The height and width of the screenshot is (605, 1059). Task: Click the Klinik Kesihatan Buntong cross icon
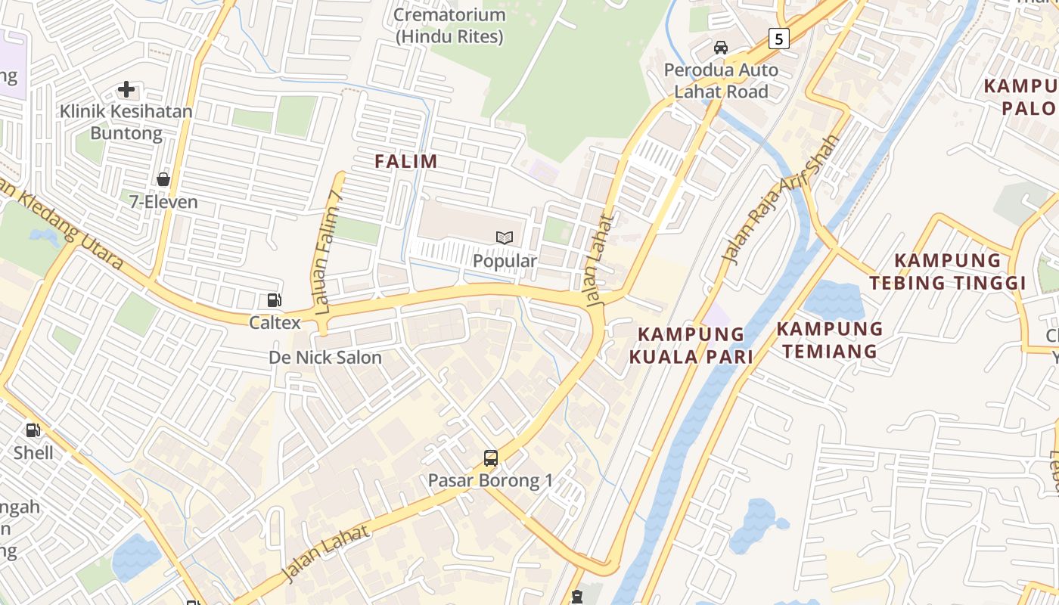pos(126,90)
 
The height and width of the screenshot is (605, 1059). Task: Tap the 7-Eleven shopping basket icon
pos(163,179)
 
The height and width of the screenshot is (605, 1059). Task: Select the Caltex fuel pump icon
pos(275,300)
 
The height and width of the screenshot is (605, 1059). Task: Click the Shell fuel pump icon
pos(33,430)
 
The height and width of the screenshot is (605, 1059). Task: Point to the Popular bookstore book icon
pos(505,237)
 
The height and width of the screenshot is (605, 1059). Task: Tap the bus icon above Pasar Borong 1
pos(491,458)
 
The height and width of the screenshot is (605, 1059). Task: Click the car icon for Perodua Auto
pos(721,48)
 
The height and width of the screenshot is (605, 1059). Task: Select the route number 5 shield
pos(778,38)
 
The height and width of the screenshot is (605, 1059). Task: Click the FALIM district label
pos(406,161)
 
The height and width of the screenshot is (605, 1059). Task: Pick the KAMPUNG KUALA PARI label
pos(691,346)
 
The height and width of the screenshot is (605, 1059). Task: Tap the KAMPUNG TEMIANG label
pos(830,340)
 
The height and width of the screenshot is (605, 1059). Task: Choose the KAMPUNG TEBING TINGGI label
pos(947,271)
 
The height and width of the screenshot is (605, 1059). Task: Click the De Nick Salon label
pos(325,358)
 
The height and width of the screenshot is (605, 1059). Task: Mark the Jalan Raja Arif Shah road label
pos(781,200)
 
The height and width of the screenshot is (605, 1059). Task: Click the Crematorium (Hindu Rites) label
pos(449,25)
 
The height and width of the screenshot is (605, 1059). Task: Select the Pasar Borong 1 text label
pos(490,480)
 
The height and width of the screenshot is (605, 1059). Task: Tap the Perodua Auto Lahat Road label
pos(721,81)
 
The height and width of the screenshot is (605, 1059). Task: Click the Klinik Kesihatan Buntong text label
pos(126,123)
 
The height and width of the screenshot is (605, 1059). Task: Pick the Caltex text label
pos(275,323)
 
